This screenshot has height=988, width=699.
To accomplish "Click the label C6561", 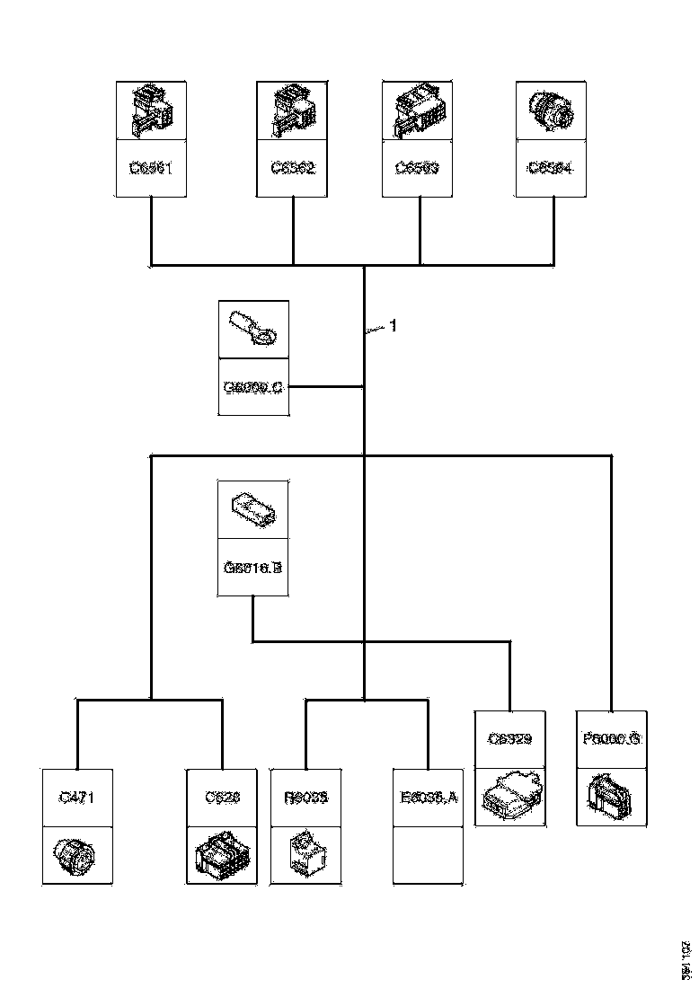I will coord(150,167).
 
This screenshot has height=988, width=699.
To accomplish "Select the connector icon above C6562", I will coord(292,110).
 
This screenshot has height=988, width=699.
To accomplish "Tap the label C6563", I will coord(419,167).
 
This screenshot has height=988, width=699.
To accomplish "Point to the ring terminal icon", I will coord(254,329).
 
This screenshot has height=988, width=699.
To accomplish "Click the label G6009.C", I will coord(253,387).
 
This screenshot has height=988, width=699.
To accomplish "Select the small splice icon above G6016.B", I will coord(253,509).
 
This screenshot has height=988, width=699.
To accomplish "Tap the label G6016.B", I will coord(253,567).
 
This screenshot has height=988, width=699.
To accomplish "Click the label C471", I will coord(77,797).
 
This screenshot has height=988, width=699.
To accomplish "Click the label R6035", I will coord(305,797).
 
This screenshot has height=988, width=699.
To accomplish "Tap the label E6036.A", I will coord(428,797).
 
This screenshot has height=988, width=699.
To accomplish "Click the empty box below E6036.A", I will coord(428,855).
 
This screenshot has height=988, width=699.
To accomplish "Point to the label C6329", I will coord(509,739).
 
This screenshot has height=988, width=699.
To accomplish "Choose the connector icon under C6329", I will coord(509,796).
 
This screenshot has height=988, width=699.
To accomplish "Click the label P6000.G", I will coord(611,739).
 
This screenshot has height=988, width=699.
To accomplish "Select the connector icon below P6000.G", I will coord(611,796).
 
